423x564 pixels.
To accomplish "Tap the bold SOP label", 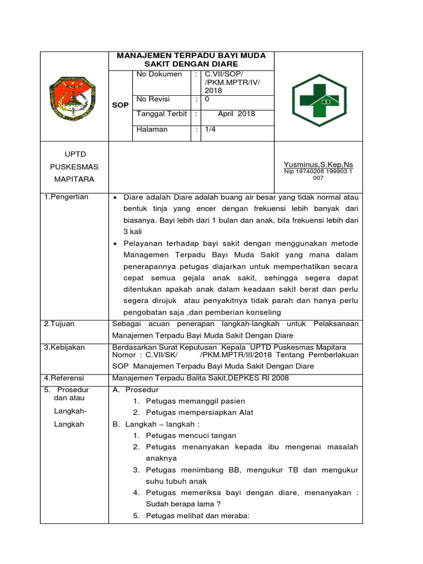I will pos(120,105).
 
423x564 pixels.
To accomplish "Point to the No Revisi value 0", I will pos(207,99).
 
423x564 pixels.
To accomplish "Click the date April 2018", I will pos(236,115).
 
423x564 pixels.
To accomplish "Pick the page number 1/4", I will pos(211,129).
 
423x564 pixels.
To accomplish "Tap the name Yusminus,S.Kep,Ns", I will pos(318,164).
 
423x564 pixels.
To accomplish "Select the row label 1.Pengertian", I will pos(67,197).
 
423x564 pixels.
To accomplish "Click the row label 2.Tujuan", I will pos(59,324).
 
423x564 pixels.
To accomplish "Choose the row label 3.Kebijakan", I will pos(64,348).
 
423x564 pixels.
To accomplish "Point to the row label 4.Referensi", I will pos(65,378).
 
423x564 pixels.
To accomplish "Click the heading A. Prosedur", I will pos(135,390).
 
